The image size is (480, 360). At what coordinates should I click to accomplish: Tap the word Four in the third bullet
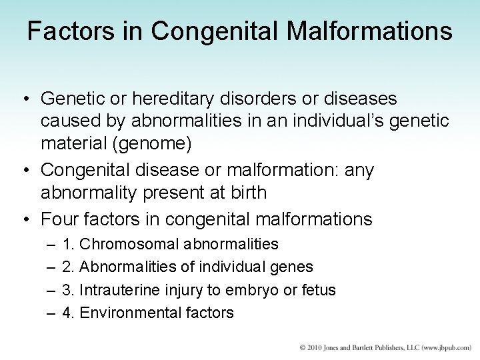pyautogui.click(x=57, y=218)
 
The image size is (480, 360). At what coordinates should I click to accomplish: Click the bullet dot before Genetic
pyautogui.click(x=23, y=99)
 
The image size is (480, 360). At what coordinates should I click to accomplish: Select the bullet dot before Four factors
pyautogui.click(x=23, y=218)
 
